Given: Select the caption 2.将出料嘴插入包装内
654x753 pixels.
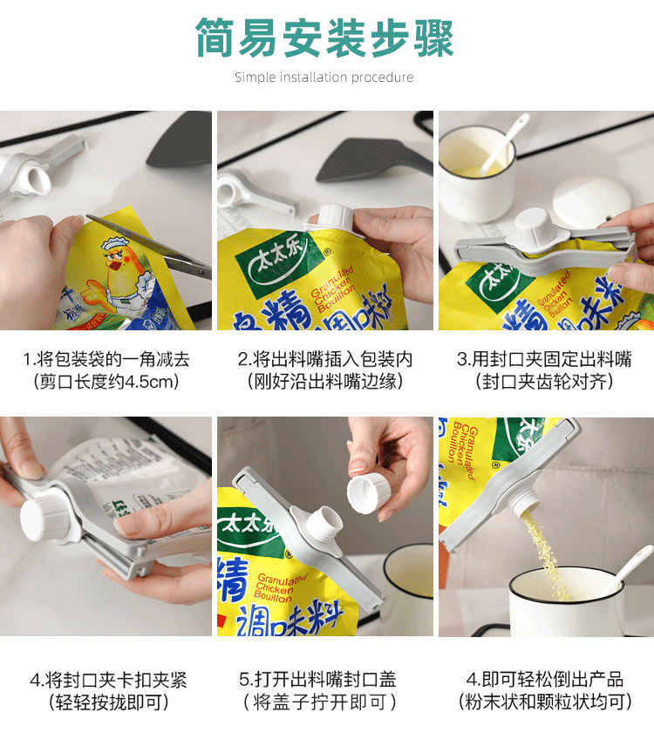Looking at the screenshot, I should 325,359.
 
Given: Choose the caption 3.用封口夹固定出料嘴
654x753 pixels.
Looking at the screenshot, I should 544,359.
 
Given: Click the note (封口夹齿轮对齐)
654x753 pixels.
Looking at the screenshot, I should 544,381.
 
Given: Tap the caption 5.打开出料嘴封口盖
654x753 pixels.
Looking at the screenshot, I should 325,680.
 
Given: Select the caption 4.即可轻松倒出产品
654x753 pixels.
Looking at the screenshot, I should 544,680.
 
